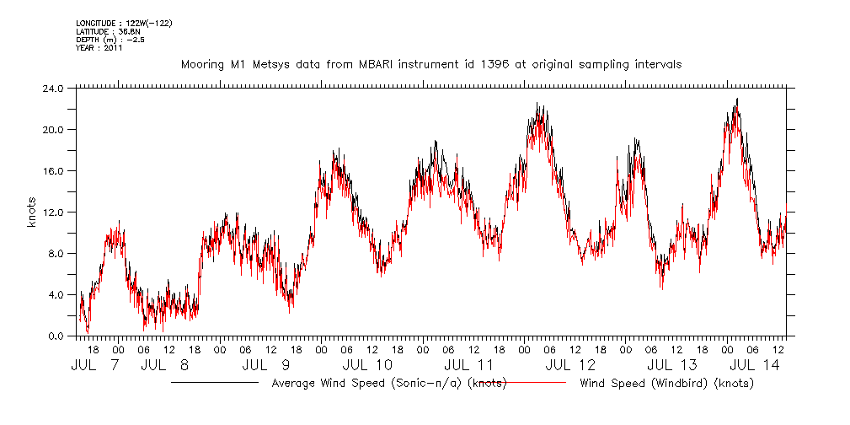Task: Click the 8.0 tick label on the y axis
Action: (x=56, y=253)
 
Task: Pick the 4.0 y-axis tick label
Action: (x=56, y=294)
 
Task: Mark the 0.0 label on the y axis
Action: (x=56, y=336)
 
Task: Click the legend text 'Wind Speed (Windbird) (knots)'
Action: (x=666, y=383)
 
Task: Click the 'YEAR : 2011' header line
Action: (x=99, y=48)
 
